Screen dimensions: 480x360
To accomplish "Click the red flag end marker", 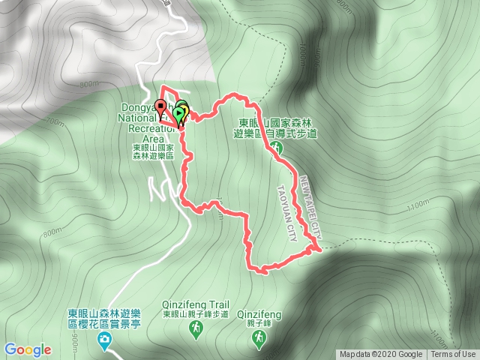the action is click(x=160, y=106).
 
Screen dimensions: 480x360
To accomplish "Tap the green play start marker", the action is click(x=178, y=115).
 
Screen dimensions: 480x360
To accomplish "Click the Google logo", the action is click(x=27, y=349).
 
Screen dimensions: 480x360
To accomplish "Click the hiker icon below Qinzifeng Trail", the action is click(x=194, y=330).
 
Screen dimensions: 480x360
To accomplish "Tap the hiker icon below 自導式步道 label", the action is click(x=277, y=148).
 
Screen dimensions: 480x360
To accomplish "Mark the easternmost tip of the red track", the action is click(x=321, y=247).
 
